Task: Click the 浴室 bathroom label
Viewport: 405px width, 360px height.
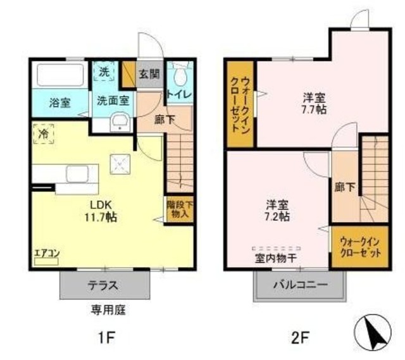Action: coord(60,102)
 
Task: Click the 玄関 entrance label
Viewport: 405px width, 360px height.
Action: coord(149,73)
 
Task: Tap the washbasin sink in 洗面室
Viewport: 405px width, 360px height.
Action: coord(119,122)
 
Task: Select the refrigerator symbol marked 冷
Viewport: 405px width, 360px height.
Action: coord(43,135)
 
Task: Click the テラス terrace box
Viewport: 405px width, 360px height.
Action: coord(104,285)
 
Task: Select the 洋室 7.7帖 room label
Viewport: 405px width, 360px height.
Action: coord(313,102)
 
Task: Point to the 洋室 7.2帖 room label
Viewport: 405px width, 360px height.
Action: coord(277,211)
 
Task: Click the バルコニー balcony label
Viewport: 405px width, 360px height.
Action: coord(301,285)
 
